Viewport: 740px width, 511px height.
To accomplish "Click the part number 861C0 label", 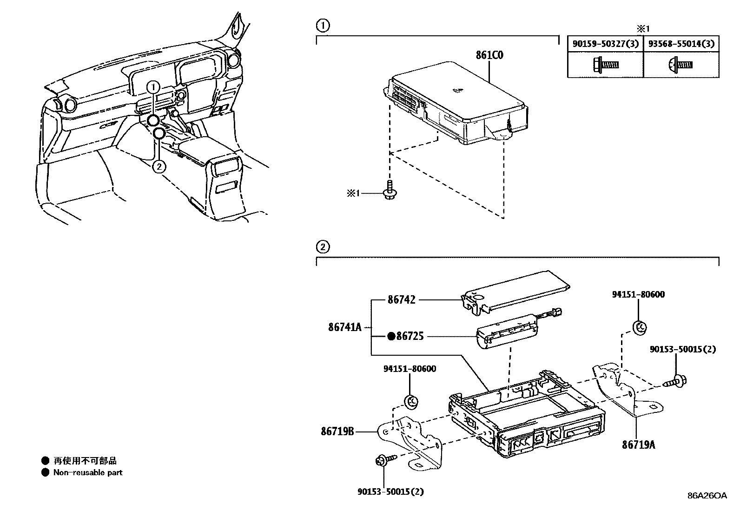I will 489,55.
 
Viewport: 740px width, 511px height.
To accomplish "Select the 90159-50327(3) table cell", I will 605,44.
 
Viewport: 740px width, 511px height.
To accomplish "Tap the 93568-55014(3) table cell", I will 681,44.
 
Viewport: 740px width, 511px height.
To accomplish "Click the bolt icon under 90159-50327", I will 605,65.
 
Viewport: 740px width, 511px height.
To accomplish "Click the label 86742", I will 402,300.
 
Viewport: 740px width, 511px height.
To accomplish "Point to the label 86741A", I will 344,327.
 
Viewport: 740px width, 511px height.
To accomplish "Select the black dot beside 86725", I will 391,336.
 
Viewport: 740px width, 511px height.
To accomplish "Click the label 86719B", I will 337,431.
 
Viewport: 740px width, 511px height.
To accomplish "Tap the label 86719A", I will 639,445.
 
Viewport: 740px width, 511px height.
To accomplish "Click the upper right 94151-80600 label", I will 638,294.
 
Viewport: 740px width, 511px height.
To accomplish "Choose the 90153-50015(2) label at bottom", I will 390,491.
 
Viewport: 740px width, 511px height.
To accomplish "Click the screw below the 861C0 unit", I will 389,191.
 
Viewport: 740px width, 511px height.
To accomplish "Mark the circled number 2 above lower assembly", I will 322,246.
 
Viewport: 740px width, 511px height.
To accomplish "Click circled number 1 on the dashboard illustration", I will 154,86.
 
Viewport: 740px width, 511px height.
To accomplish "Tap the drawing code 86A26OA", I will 707,496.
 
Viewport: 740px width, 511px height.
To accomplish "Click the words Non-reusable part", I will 88,472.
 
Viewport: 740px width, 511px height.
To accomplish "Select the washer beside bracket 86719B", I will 411,400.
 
